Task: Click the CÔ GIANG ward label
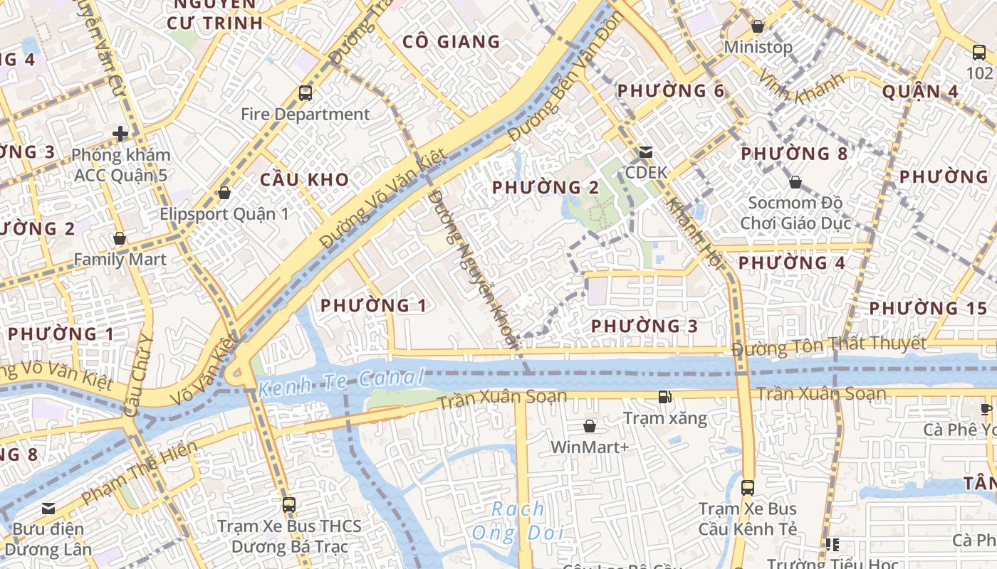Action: point(451,42)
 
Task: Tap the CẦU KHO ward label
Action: point(305,179)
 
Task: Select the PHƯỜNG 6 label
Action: point(670,91)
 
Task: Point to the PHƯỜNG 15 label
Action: point(928,309)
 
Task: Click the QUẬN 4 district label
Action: point(920,92)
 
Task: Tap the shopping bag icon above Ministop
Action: point(758,27)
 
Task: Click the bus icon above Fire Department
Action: point(306,93)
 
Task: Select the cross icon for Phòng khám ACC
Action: point(120,133)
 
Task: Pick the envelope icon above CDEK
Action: point(646,151)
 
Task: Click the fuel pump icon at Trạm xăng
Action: point(664,397)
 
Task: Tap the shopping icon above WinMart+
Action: point(590,426)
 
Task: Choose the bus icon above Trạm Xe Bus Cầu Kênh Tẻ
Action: point(747,488)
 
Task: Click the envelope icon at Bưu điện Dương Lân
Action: point(48,509)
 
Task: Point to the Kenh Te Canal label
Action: point(341,382)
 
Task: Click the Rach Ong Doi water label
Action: point(518,521)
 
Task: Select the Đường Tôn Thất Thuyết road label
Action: point(829,346)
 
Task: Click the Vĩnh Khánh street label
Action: point(800,87)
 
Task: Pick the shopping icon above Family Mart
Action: point(120,238)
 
